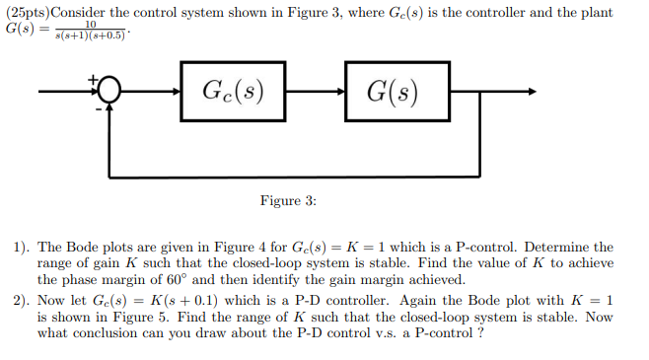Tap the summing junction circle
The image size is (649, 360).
(x=109, y=93)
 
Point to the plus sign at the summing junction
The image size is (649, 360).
(x=95, y=78)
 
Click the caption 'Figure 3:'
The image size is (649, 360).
(x=288, y=201)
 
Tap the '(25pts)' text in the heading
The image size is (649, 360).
(x=28, y=11)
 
